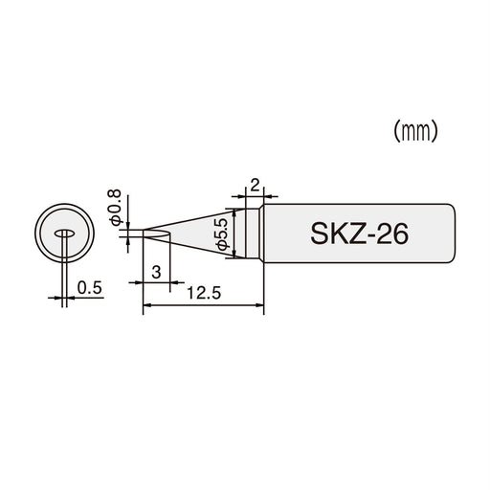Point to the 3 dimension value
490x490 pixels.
point(156,273)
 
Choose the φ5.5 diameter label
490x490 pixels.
point(221,233)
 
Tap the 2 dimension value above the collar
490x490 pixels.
point(254,184)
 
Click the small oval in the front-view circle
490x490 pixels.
point(65,234)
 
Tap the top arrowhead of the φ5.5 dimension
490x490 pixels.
point(231,210)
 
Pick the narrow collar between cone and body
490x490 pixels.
point(254,234)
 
